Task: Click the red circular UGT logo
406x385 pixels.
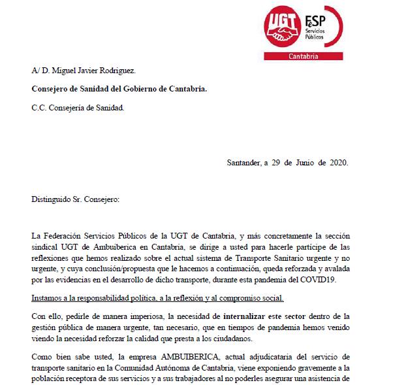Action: click(285, 27)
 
